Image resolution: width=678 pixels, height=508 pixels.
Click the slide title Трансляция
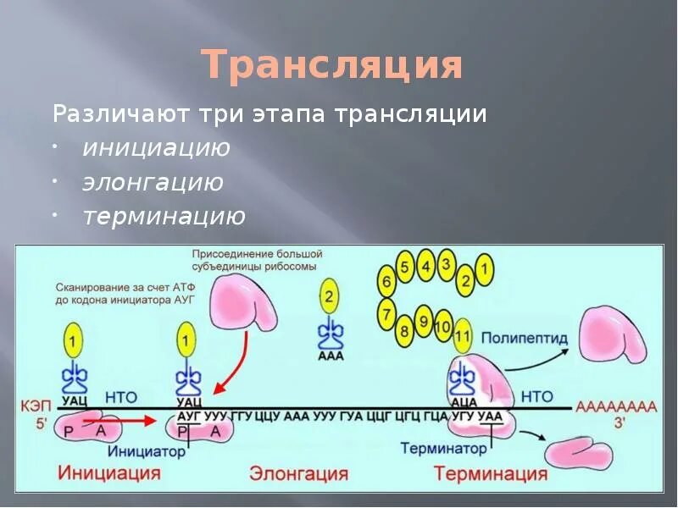(x=333, y=65)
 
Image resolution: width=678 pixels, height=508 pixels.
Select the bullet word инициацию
(x=157, y=148)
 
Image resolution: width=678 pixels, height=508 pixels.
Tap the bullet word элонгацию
(x=153, y=183)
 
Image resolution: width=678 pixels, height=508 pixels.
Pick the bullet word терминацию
(x=164, y=217)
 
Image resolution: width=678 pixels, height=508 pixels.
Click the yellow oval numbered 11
(x=463, y=335)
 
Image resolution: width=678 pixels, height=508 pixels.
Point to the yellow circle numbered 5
(x=405, y=268)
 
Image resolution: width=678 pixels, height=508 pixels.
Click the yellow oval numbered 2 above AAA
(x=329, y=297)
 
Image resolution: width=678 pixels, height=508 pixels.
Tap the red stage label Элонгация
(x=298, y=473)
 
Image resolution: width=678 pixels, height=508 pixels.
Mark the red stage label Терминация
(x=479, y=473)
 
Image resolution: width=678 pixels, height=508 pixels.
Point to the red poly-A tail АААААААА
(x=615, y=406)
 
